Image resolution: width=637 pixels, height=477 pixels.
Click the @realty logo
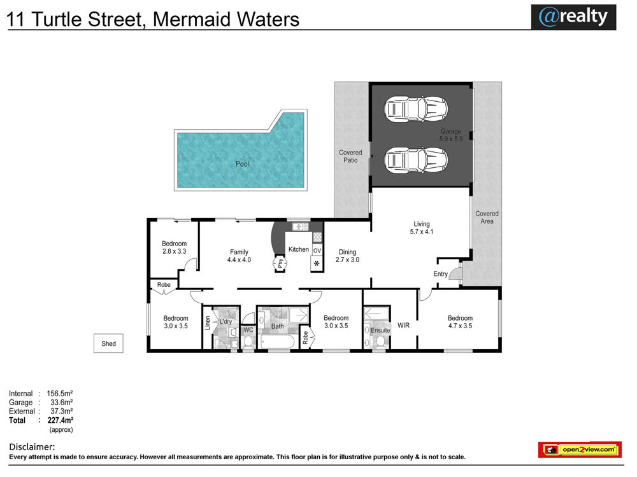tap(573, 17)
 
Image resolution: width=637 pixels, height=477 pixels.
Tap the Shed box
tap(108, 343)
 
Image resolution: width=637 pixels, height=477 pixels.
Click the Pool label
tap(242, 164)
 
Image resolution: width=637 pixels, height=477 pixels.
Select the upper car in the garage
tap(416, 109)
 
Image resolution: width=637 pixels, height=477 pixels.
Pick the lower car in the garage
tap(416, 160)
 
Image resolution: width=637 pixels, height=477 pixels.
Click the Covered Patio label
tap(350, 156)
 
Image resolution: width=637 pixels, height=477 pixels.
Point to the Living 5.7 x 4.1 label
tap(422, 228)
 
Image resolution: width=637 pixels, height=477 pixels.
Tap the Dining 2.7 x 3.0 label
tap(347, 256)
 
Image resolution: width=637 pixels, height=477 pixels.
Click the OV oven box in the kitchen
tap(317, 250)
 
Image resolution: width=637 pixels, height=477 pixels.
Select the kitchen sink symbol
tap(300, 226)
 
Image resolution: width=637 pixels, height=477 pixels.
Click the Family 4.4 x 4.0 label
tap(239, 256)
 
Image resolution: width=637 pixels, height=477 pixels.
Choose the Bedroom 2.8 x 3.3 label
tap(175, 247)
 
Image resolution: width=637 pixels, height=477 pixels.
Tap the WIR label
tap(403, 325)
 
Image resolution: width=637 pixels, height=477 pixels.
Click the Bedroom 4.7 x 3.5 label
tap(461, 322)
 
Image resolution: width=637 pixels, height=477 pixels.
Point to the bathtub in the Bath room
tap(278, 342)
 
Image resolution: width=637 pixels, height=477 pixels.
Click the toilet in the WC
tap(248, 342)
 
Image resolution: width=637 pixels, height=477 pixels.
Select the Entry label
tap(440, 273)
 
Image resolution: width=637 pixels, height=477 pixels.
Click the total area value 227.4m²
tap(60, 420)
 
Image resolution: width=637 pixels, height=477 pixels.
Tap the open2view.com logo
tap(580, 450)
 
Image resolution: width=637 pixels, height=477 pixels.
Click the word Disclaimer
tap(32, 447)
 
